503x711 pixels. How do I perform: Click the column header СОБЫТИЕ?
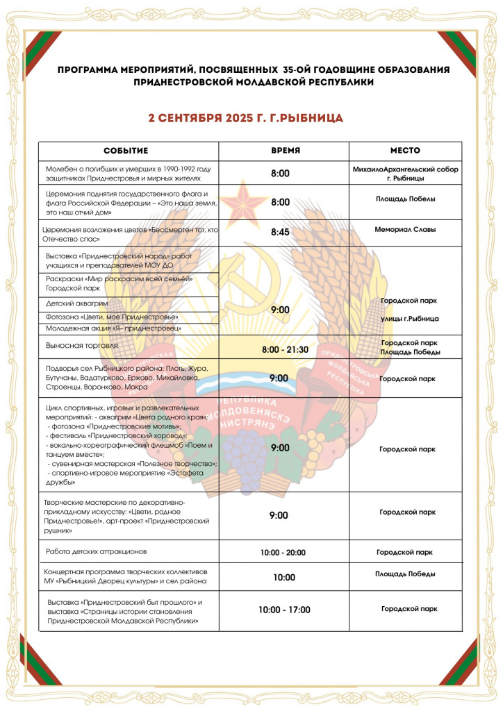[126, 151]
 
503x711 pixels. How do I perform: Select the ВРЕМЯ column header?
[285, 151]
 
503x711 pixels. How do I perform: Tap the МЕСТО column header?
[405, 151]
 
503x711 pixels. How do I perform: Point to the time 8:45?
[280, 233]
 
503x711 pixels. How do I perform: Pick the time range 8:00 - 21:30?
[285, 349]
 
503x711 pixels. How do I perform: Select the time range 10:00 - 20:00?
[284, 553]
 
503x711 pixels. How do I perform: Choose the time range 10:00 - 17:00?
[284, 610]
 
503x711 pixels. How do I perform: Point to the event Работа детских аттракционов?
[97, 552]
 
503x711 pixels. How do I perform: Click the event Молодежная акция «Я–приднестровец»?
[114, 328]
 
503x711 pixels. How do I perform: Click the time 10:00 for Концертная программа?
[284, 577]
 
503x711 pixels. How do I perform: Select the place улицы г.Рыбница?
[410, 319]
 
